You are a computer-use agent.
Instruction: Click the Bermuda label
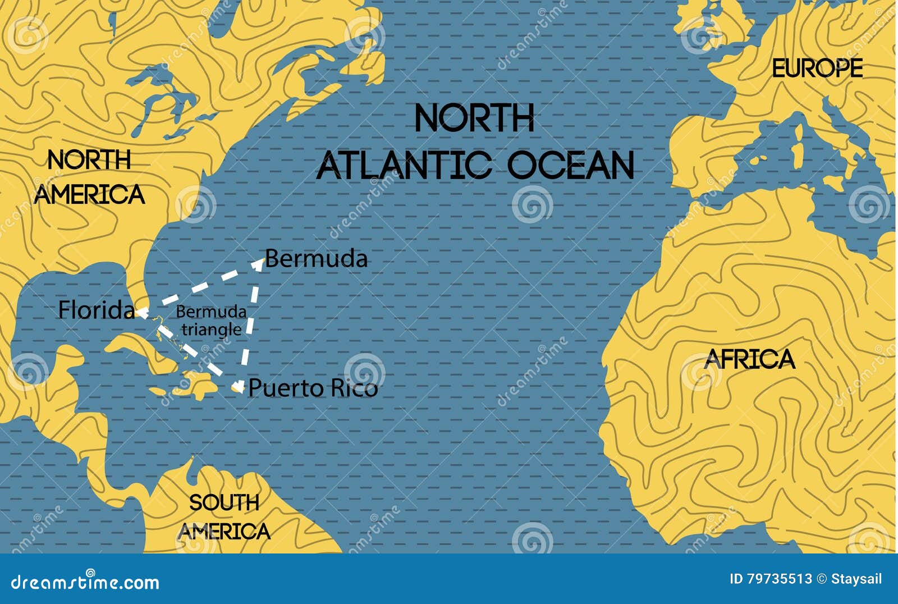click(316, 259)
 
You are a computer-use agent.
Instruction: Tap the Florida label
click(97, 310)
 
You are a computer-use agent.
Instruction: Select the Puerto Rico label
click(313, 388)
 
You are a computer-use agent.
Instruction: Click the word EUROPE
click(817, 68)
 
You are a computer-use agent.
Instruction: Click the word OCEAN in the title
click(570, 165)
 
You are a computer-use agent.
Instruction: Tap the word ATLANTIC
click(404, 165)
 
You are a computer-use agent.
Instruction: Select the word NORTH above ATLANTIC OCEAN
click(474, 118)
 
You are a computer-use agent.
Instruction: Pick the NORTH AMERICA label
click(90, 177)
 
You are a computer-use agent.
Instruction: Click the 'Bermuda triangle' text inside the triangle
click(211, 321)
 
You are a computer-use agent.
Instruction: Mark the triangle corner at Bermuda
click(259, 261)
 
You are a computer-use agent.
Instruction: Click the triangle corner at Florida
click(139, 312)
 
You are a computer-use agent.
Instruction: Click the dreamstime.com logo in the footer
click(85, 582)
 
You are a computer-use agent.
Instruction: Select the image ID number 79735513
click(780, 579)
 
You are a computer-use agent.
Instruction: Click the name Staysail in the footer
click(856, 579)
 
